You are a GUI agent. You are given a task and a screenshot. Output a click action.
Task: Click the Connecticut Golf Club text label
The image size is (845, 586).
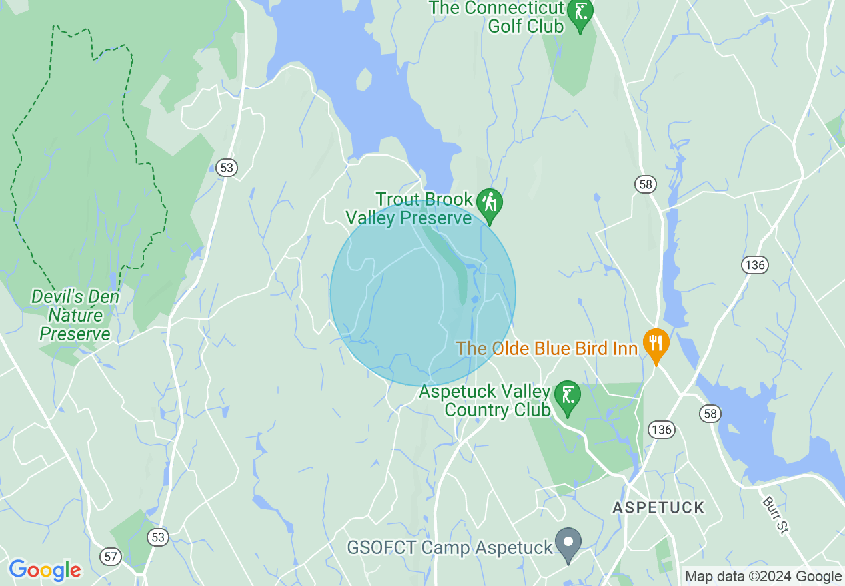pos(497,17)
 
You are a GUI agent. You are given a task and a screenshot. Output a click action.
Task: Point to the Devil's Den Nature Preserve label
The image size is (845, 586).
pos(75,315)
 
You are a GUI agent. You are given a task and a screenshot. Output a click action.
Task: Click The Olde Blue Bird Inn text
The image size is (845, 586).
pos(546,348)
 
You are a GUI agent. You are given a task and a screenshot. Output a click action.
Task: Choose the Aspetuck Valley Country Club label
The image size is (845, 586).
pos(485,400)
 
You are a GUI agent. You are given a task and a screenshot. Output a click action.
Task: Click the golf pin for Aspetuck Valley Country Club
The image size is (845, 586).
pos(568,397)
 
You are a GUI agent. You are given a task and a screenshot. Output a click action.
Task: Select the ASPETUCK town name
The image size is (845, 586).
pos(658,508)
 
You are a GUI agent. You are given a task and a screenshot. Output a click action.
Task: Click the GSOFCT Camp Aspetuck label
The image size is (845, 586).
pos(450,548)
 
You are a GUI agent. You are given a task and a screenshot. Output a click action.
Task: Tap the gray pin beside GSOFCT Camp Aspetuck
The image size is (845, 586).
pos(568,543)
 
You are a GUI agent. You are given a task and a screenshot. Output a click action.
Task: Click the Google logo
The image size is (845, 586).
pos(45,570)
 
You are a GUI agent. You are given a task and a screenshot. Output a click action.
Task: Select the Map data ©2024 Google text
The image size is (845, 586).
pos(763,577)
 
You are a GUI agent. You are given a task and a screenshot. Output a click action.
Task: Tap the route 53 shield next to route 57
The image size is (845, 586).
pos(158,537)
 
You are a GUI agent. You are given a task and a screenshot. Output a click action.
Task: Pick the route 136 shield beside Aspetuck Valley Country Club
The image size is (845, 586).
pos(662,429)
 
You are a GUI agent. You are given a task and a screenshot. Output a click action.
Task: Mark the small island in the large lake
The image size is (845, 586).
pos(364,79)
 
